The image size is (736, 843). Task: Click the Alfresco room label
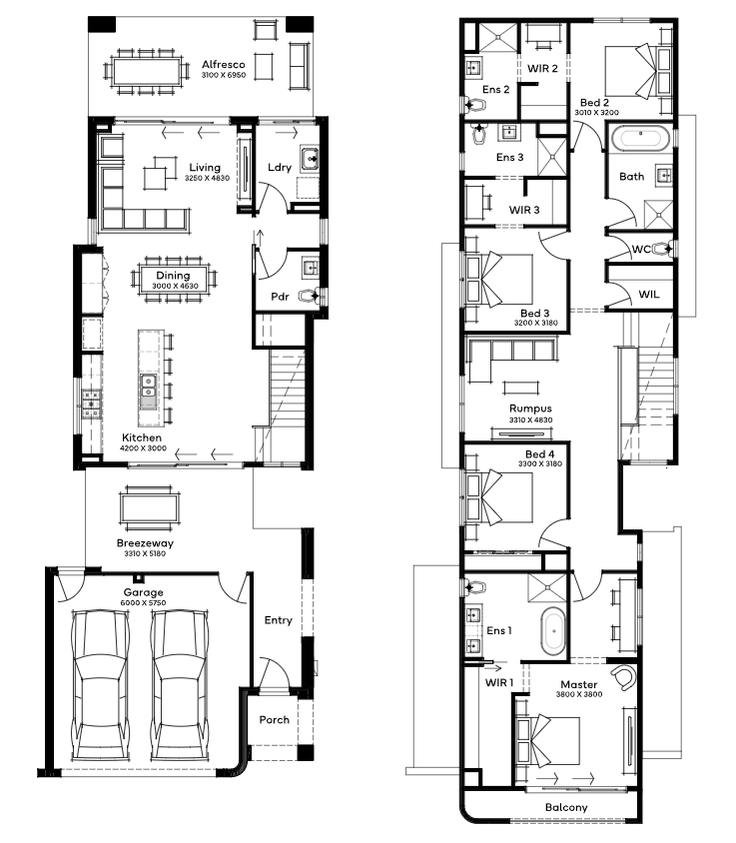tap(223, 65)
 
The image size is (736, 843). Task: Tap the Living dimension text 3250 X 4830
tap(207, 178)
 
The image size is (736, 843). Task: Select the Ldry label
tap(280, 167)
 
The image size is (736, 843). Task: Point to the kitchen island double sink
tap(149, 387)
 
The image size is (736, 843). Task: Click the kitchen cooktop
tap(92, 404)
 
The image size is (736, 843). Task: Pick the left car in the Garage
tap(101, 685)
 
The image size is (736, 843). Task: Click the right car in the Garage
tap(180, 685)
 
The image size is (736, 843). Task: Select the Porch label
tap(275, 720)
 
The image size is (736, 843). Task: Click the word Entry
tap(278, 620)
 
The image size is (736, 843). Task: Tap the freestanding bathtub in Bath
tap(641, 138)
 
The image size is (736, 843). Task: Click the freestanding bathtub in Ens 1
tap(552, 631)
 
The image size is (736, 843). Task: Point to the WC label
tap(641, 249)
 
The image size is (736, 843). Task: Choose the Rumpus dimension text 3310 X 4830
tap(530, 420)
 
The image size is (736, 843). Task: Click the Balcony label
tap(566, 807)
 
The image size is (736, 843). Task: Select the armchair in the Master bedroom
tap(622, 678)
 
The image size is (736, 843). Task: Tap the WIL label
tap(649, 294)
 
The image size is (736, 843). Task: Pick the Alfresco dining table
tap(147, 72)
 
